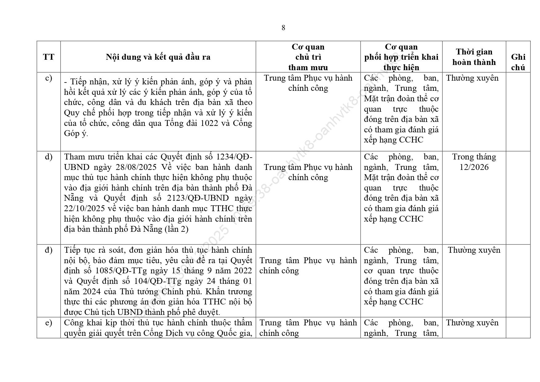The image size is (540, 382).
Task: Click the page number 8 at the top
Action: tap(283, 28)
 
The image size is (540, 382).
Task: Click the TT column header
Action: tap(49, 57)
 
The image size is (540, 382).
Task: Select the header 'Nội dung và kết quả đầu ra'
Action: tap(158, 57)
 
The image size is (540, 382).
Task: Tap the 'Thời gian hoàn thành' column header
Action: tap(474, 57)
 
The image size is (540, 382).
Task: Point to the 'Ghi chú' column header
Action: tap(518, 62)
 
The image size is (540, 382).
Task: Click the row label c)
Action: tap(49, 78)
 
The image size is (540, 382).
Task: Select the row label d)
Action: tap(49, 157)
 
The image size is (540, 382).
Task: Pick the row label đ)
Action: tap(49, 250)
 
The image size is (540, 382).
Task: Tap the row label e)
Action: tap(49, 323)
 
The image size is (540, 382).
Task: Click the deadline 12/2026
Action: tap(474, 167)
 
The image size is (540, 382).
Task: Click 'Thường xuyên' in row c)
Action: tap(472, 78)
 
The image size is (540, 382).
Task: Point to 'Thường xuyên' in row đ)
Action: tap(474, 250)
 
